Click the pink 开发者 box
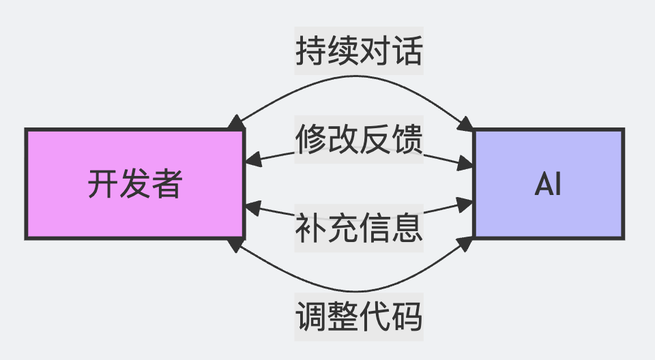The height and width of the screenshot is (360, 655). (x=134, y=183)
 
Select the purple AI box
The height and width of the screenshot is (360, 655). (x=549, y=183)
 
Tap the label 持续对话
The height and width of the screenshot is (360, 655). (x=359, y=50)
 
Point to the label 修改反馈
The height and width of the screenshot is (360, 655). (x=359, y=140)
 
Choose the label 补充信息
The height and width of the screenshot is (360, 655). (x=359, y=228)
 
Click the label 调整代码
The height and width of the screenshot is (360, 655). (x=359, y=316)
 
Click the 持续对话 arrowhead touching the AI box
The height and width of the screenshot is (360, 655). (x=466, y=124)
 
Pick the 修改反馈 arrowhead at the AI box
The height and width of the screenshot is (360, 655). (x=466, y=164)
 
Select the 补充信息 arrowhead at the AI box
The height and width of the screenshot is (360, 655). (x=466, y=203)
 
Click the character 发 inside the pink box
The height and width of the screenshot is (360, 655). (x=134, y=183)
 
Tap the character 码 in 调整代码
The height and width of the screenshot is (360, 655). (x=407, y=316)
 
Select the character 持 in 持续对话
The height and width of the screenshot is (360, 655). (x=310, y=50)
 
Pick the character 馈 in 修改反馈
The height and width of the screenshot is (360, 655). (x=407, y=140)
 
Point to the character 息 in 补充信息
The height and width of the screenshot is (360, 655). (x=407, y=228)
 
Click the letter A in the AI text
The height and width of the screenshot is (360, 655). (x=542, y=183)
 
